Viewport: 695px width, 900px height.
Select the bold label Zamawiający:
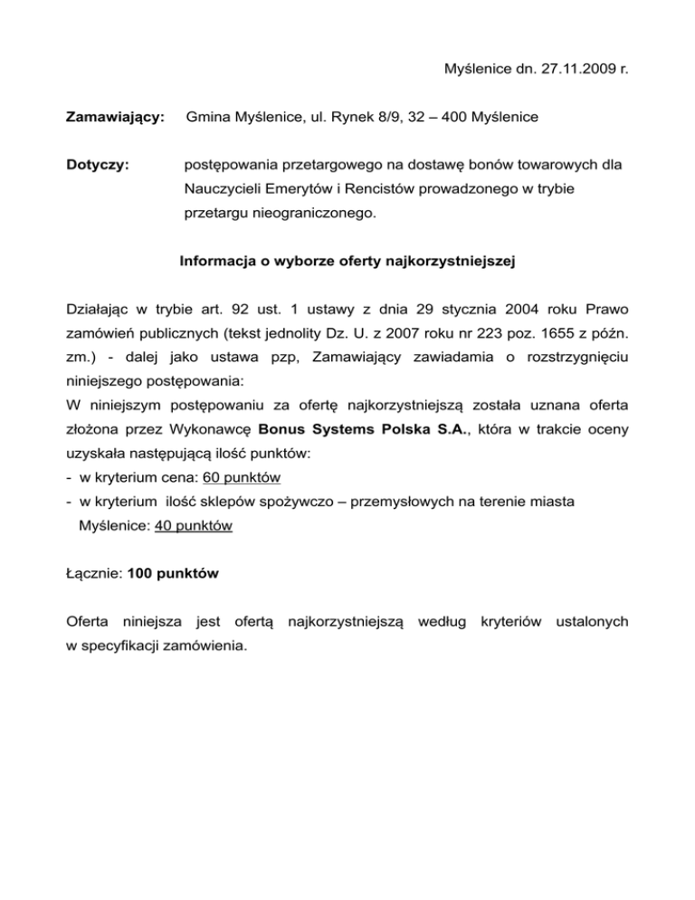coord(115,117)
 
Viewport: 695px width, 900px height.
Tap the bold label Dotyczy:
coord(97,165)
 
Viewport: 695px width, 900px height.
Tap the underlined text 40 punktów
coord(194,525)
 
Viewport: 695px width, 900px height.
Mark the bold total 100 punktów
coord(174,573)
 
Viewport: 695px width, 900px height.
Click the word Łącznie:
coord(95,573)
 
